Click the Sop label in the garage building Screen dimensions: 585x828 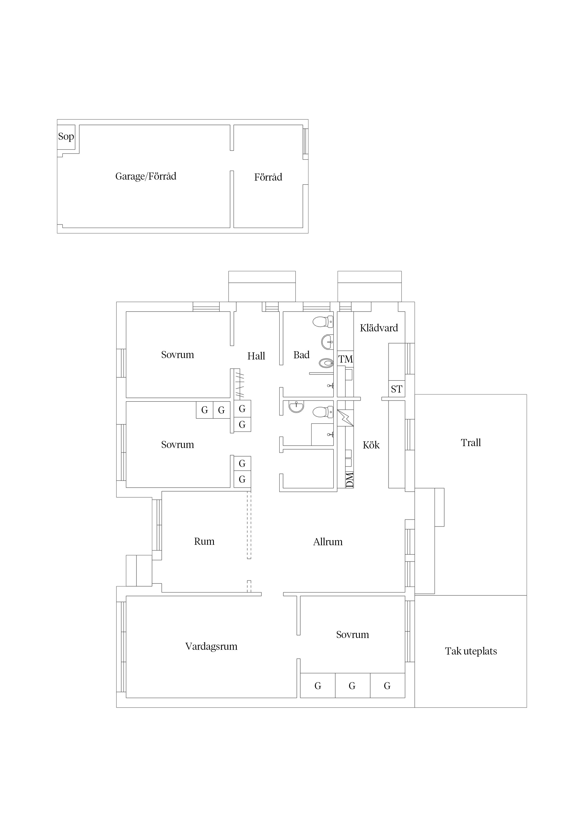click(x=66, y=137)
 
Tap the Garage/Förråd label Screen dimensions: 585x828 click(x=146, y=176)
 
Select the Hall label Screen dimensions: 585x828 click(x=256, y=356)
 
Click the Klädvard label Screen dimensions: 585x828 click(x=379, y=328)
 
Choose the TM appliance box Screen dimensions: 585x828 click(x=345, y=359)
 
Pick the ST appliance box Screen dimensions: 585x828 click(x=397, y=389)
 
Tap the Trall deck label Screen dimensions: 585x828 click(x=471, y=443)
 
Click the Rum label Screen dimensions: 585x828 click(x=204, y=542)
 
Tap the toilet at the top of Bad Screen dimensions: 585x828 click(x=323, y=321)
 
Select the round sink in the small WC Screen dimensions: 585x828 click(x=296, y=406)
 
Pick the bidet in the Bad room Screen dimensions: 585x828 click(x=326, y=363)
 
